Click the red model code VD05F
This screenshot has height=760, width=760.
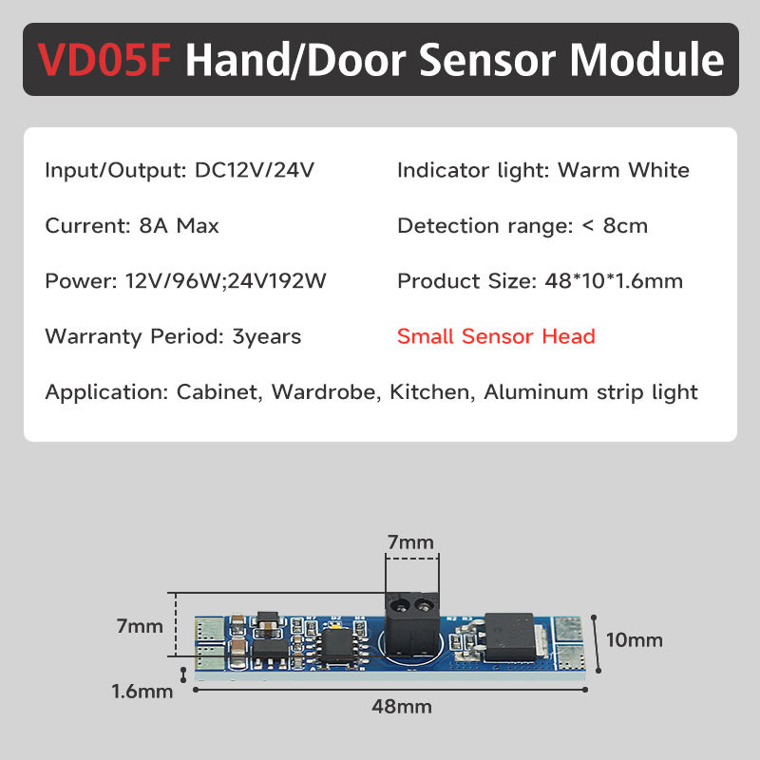tap(105, 60)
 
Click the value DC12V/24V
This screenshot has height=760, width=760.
tap(254, 171)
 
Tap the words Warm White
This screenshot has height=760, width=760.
tap(623, 171)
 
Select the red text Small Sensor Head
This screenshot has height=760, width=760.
tap(496, 336)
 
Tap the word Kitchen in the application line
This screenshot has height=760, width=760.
tap(429, 392)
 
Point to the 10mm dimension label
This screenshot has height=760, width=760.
tap(634, 639)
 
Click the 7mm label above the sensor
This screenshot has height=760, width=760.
tap(409, 542)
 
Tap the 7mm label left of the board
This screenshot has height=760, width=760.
tap(141, 626)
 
